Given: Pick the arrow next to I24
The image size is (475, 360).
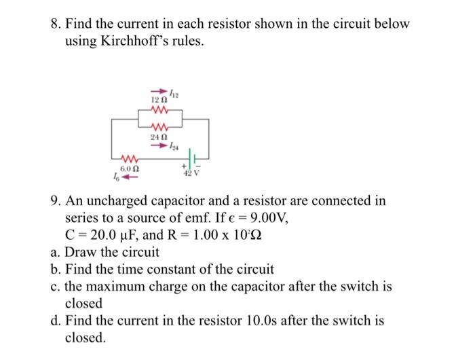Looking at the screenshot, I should [159, 145].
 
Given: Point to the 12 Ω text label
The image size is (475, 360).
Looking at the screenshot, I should [159, 100].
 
